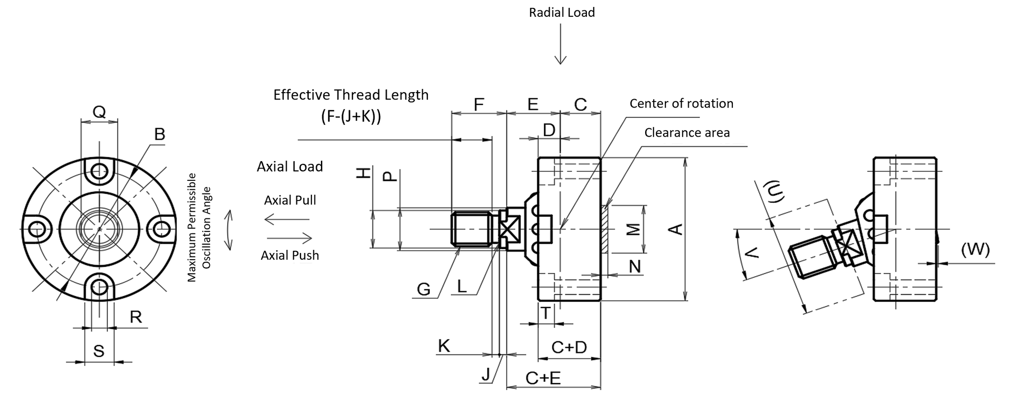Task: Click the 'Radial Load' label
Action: coord(562,13)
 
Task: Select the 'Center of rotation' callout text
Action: coord(681,103)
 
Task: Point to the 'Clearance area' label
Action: coord(686,133)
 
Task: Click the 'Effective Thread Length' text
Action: coord(350,95)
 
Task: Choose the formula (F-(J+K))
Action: coord(351,116)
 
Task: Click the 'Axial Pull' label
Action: coord(290,200)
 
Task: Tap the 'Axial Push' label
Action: coord(289,255)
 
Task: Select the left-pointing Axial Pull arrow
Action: coord(286,219)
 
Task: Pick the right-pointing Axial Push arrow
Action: coord(289,238)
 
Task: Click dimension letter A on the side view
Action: coord(676,229)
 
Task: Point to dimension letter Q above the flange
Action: coord(99,112)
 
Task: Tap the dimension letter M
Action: coord(634,229)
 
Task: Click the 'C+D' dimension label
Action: coord(569,348)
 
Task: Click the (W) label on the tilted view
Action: coord(975,249)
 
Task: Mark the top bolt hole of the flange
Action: coord(99,170)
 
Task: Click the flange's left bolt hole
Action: coord(36,229)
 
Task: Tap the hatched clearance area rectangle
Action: coord(605,229)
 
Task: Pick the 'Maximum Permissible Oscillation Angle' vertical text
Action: coord(199,228)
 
